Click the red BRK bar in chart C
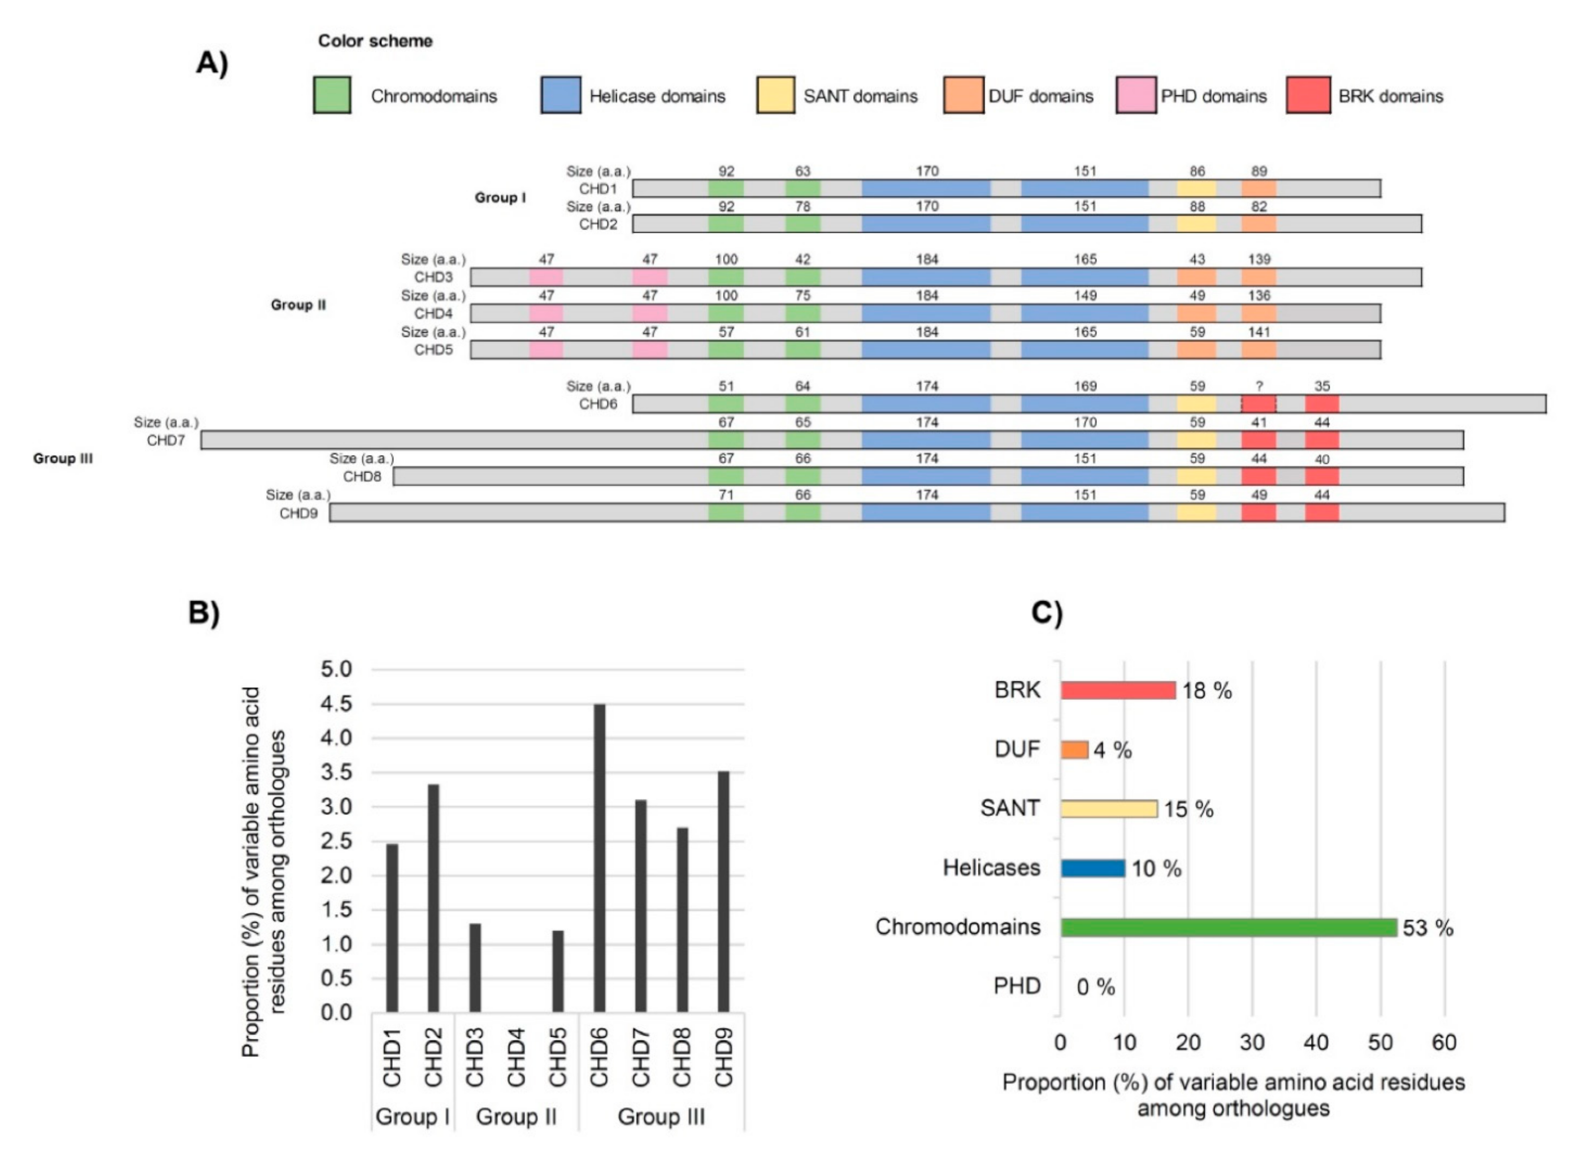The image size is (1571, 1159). [x=1118, y=690]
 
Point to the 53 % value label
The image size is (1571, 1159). [x=1427, y=928]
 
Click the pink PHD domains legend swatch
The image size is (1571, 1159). [x=1136, y=95]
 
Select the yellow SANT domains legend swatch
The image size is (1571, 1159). [x=775, y=95]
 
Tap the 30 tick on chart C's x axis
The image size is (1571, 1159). [x=1252, y=1043]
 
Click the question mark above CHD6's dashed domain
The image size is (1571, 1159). [x=1259, y=386]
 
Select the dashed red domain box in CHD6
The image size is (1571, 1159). [x=1259, y=404]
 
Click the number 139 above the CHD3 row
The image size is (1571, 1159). [x=1259, y=260]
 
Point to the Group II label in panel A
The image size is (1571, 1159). [x=299, y=305]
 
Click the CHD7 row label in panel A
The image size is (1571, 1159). [x=166, y=441]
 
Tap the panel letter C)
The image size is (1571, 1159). [x=1046, y=612]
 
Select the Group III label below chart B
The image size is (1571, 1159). [x=661, y=1117]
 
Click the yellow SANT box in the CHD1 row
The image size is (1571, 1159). [x=1197, y=189]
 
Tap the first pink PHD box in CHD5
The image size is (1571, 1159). [x=547, y=350]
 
